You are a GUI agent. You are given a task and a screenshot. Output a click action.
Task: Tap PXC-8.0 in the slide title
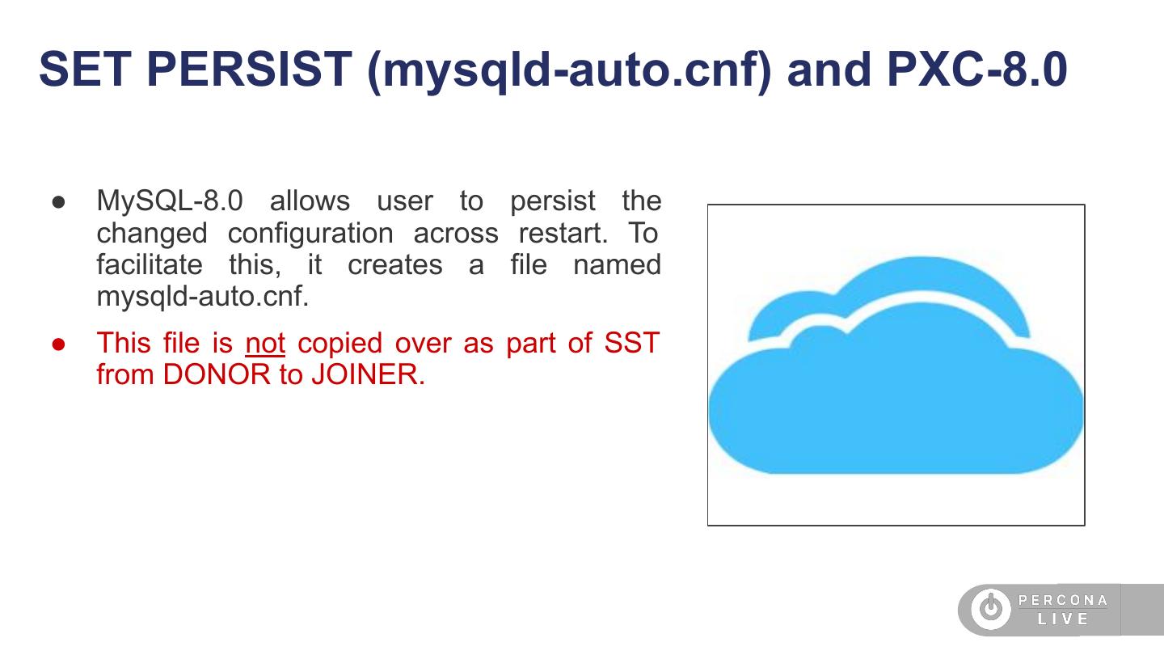[x=976, y=70]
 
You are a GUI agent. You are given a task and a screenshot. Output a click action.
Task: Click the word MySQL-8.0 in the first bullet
[x=169, y=201]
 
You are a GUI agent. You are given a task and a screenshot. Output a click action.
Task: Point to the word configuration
[x=310, y=233]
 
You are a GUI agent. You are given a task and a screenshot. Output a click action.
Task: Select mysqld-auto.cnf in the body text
[x=202, y=297]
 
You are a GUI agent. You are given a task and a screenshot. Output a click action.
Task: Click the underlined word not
[x=265, y=343]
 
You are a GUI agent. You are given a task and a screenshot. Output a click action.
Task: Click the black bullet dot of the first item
[x=58, y=201]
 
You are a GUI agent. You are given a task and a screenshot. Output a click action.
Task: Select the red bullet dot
[x=58, y=344]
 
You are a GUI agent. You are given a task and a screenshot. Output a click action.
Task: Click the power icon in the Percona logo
[x=989, y=609]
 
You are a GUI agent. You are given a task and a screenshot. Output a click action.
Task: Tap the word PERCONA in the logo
[x=1063, y=600]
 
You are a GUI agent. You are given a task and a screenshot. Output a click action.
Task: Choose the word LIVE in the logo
[x=1063, y=619]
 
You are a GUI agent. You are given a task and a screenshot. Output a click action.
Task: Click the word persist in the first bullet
[x=552, y=201]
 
